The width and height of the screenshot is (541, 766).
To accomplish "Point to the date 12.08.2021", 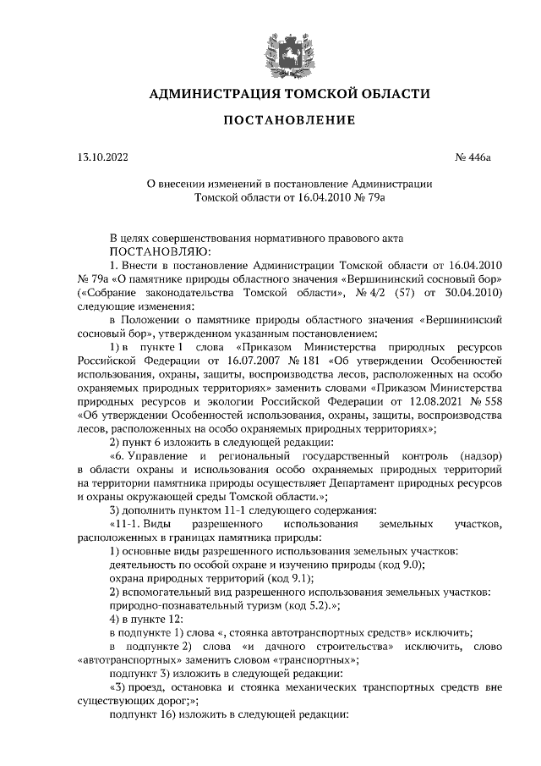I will click(x=412, y=401).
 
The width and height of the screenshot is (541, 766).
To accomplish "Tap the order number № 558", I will click(x=484, y=401).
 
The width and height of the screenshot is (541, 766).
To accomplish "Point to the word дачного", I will click(x=278, y=646).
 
